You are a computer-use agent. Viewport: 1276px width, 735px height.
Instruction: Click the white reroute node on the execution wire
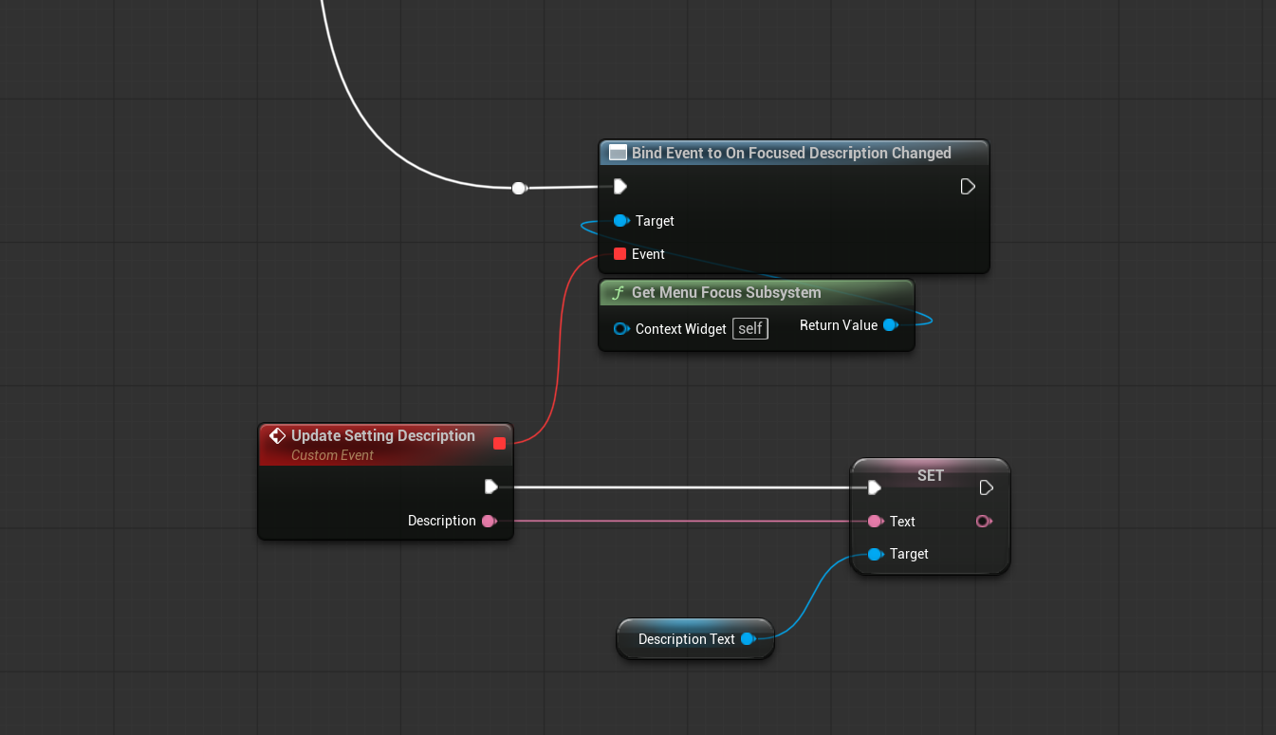click(x=518, y=188)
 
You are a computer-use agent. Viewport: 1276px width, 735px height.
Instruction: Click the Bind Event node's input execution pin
click(x=620, y=186)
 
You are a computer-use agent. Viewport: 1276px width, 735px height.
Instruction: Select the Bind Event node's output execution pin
click(x=968, y=186)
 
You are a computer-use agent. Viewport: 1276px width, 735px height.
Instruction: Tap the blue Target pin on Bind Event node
click(x=620, y=220)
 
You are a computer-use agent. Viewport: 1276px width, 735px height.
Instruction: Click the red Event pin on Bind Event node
click(x=620, y=254)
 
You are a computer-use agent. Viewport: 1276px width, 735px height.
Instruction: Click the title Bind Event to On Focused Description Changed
click(x=791, y=153)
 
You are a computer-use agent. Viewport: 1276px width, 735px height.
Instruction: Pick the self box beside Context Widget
click(x=750, y=328)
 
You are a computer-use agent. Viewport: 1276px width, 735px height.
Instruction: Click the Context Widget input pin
click(x=620, y=328)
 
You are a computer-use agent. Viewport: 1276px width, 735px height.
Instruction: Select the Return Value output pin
click(x=890, y=325)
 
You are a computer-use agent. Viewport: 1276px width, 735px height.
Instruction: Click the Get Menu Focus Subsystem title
click(x=727, y=292)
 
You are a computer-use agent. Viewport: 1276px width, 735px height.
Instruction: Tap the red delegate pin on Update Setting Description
click(x=499, y=443)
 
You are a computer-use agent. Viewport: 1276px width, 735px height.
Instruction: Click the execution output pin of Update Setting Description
click(x=491, y=487)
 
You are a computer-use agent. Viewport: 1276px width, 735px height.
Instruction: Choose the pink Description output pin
click(x=490, y=521)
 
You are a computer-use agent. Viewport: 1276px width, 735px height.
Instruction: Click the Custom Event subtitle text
click(x=332, y=455)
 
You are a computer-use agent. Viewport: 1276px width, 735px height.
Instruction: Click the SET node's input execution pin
click(x=874, y=487)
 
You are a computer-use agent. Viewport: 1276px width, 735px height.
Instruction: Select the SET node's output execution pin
click(x=986, y=487)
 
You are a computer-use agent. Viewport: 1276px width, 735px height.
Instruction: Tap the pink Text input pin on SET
click(x=876, y=521)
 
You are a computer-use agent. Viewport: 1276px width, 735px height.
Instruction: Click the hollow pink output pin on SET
click(x=984, y=521)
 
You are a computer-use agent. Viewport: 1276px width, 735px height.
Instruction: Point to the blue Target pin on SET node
click(x=876, y=554)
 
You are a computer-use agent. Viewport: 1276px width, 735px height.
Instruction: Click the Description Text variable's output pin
click(x=749, y=639)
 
